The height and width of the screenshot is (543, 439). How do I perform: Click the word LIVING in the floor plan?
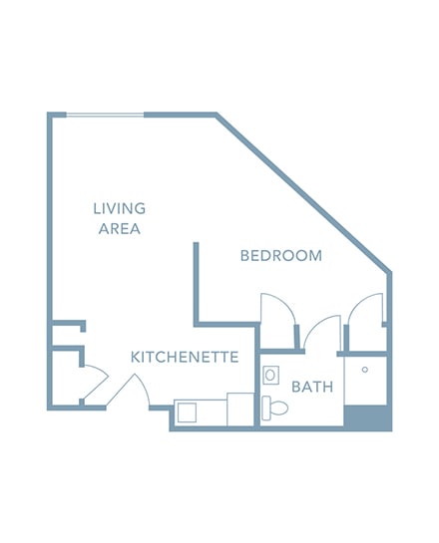120,208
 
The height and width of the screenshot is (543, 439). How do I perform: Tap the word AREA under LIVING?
120,228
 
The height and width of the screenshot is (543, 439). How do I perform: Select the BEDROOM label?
281,256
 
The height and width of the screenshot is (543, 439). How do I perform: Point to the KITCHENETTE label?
185,357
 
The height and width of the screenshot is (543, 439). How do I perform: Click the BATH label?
312,387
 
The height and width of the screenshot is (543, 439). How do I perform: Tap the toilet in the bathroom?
275,407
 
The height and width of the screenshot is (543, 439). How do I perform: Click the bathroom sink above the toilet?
270,375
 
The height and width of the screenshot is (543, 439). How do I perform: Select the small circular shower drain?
365,370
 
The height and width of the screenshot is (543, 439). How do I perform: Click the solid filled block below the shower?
368,417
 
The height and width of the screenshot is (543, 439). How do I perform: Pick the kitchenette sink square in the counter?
187,412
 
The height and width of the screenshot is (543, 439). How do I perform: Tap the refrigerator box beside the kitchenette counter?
240,409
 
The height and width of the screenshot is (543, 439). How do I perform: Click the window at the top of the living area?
105,115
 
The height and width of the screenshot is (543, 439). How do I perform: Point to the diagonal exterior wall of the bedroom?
303,192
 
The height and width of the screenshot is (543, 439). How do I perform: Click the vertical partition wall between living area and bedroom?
196,284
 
